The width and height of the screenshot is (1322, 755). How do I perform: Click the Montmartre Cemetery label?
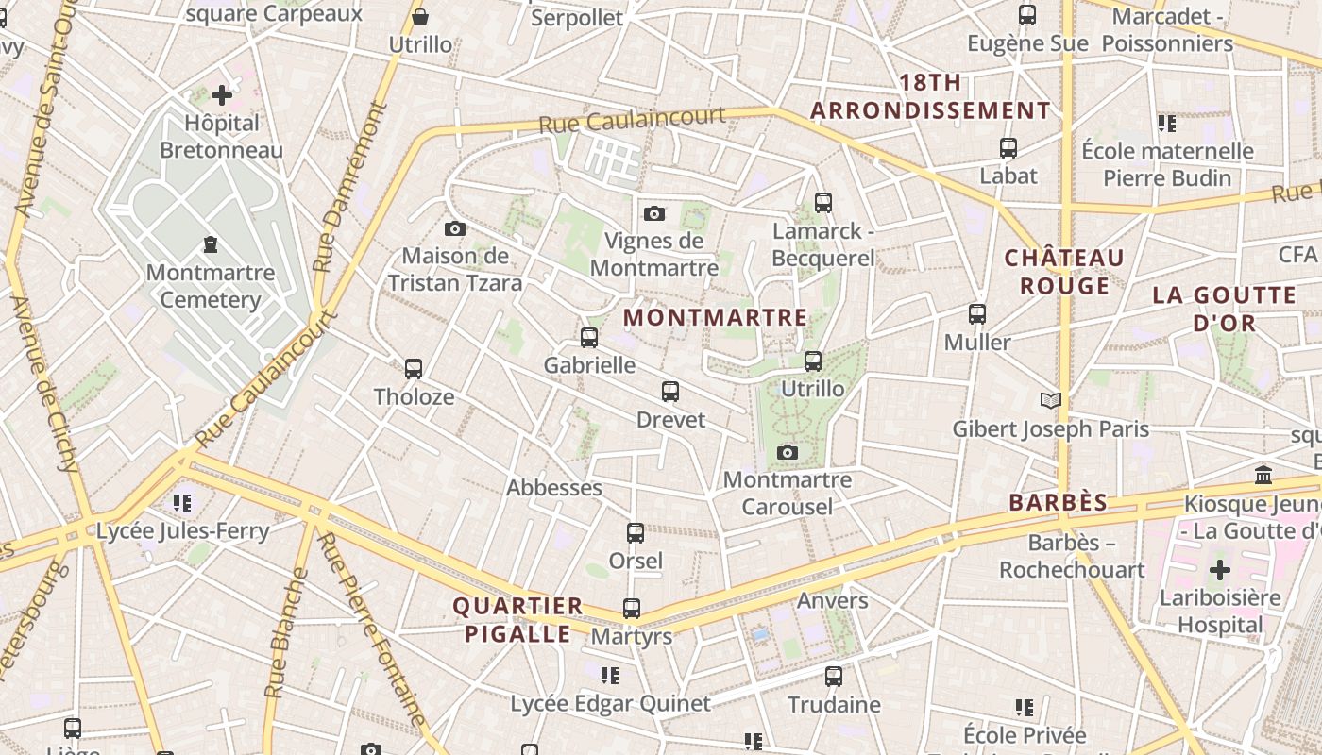211,286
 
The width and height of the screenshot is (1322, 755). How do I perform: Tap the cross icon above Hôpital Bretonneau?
222,95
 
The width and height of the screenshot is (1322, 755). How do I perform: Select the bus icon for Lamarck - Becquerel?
822,202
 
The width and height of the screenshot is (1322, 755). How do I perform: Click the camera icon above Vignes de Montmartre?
654,214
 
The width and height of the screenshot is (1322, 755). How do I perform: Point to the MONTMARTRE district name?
716,318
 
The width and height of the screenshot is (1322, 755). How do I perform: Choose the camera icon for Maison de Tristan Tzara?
455,229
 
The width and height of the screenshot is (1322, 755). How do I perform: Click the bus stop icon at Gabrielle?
589,337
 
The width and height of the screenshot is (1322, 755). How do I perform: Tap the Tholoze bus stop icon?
414,368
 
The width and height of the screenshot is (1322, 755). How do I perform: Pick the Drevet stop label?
670,419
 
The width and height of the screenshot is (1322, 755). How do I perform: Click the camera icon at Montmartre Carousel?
788,453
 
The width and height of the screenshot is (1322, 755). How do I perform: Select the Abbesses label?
554,488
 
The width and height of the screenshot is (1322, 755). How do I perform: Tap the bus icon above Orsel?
636,533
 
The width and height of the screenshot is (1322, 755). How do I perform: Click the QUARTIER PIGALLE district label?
517,620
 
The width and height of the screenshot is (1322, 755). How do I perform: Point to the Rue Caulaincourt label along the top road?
632,120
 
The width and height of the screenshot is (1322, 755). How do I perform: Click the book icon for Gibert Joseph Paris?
1051,401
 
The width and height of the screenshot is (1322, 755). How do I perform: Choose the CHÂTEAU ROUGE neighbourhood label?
1064,272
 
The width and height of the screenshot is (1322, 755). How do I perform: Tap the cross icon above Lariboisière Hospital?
1220,570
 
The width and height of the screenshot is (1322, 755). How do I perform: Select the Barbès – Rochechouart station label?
1072,556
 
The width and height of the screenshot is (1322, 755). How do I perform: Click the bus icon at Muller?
977,314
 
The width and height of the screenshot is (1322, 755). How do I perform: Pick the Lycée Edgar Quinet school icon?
610,676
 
